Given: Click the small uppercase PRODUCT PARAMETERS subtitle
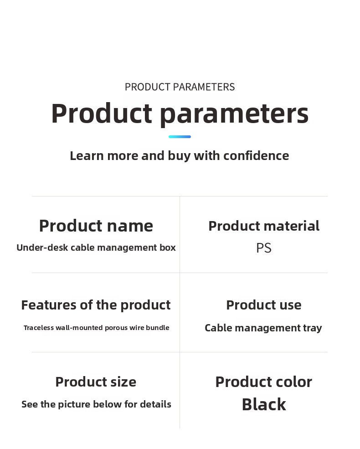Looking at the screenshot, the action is pyautogui.click(x=180, y=87).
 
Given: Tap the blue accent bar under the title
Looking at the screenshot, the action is pyautogui.click(x=180, y=137).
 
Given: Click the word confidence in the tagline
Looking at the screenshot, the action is pyautogui.click(x=256, y=156).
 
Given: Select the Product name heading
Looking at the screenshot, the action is pyautogui.click(x=96, y=226).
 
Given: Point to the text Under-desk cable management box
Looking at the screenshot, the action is pyautogui.click(x=96, y=248).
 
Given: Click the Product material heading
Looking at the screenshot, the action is pyautogui.click(x=264, y=226).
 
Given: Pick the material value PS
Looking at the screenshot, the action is pyautogui.click(x=264, y=248).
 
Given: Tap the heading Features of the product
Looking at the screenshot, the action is pyautogui.click(x=96, y=305).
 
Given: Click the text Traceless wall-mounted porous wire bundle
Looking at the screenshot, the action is pyautogui.click(x=97, y=328).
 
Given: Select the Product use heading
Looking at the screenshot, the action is pyautogui.click(x=264, y=305).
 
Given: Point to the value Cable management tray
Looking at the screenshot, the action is pyautogui.click(x=263, y=328).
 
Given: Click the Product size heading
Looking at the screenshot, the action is pyautogui.click(x=96, y=382).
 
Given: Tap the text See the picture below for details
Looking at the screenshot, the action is pyautogui.click(x=97, y=404).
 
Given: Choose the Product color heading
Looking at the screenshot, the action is pyautogui.click(x=264, y=382).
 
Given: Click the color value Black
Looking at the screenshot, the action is pyautogui.click(x=264, y=404).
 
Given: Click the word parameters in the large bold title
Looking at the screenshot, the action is pyautogui.click(x=234, y=114).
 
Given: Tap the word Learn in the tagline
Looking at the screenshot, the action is pyautogui.click(x=87, y=156).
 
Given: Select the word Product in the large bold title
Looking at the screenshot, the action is pyautogui.click(x=102, y=113).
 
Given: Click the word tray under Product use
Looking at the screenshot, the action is pyautogui.click(x=313, y=328).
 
